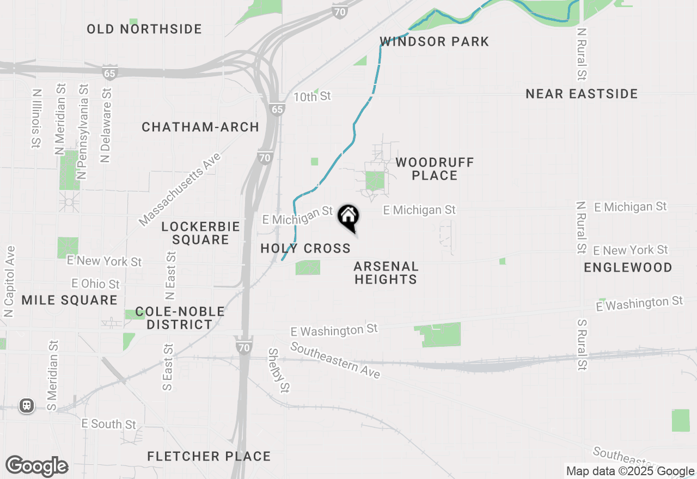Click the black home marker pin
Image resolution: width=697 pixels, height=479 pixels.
[348, 217]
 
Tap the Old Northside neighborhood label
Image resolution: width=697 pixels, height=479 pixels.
[144, 29]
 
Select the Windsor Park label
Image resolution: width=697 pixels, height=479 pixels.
[435, 41]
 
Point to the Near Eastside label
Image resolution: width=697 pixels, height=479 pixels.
[582, 94]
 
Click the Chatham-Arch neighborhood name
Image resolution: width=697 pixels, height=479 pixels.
[200, 127]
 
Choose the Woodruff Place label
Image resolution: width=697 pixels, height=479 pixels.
[435, 169]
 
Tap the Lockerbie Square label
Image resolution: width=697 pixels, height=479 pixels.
[201, 233]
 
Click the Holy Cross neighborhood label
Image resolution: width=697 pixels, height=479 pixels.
[305, 249]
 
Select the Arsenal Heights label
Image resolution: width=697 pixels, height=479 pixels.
[386, 273]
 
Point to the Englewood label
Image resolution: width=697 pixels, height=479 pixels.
[628, 267]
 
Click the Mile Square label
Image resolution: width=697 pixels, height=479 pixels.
[70, 300]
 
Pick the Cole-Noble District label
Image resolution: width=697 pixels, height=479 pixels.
[180, 318]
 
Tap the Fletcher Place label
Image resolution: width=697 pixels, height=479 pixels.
[209, 456]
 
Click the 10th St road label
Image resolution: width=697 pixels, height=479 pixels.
[312, 97]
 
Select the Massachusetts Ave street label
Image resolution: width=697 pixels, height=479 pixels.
[180, 189]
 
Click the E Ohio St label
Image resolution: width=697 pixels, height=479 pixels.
[96, 284]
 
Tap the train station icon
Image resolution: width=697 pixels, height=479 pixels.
[26, 406]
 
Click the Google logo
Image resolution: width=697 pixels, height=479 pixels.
[37, 466]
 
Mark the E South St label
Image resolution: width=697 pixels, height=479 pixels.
[109, 423]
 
